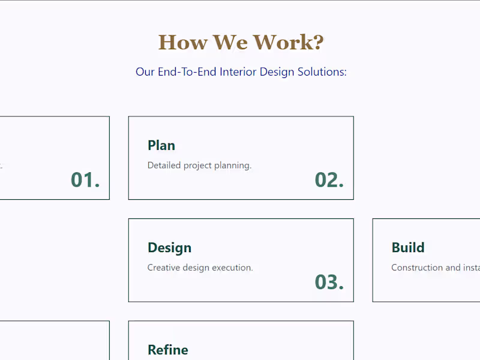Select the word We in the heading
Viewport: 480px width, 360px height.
[230, 43]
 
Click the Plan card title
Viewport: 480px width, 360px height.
[161, 145]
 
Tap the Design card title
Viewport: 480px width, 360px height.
[169, 248]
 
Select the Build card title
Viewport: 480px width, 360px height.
[408, 248]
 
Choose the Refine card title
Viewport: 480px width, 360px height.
[168, 350]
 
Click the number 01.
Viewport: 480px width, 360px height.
[85, 179]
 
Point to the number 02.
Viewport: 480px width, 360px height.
[329, 179]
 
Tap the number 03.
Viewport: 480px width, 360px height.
[329, 281]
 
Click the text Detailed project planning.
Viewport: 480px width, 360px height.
[199, 165]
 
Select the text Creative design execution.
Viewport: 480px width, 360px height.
[200, 268]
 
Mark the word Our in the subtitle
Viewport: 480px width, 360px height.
[145, 72]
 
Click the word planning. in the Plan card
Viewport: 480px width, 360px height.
[233, 166]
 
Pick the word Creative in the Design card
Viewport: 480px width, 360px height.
[163, 268]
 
